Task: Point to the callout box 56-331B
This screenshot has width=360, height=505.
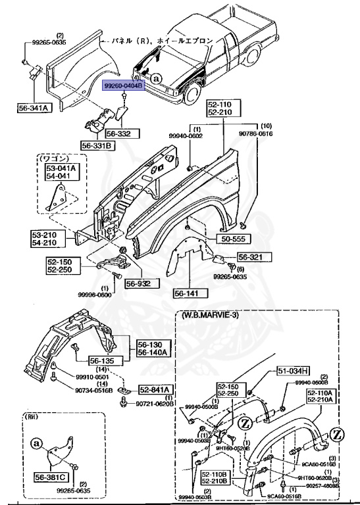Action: (98, 145)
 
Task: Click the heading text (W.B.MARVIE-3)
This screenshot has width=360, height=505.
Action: (213, 316)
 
